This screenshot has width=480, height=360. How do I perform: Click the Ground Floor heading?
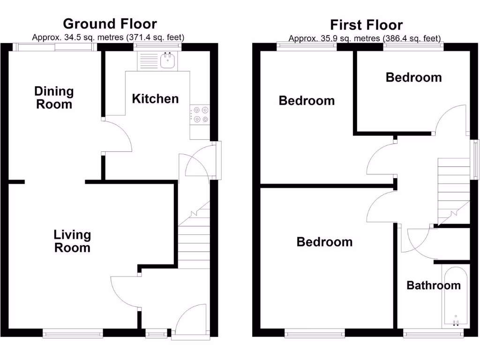pyautogui.click(x=110, y=23)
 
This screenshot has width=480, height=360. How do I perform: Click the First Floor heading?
pyautogui.click(x=366, y=24)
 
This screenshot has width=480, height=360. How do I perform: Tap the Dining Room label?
pyautogui.click(x=54, y=97)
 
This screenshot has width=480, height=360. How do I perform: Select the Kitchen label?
pyautogui.click(x=155, y=98)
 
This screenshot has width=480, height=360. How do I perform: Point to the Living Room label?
pyautogui.click(x=72, y=241)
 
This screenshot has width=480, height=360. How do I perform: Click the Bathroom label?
pyautogui.click(x=433, y=285)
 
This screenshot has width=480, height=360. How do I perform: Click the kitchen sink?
pyautogui.click(x=167, y=60)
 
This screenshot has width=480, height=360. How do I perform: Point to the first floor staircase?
pyautogui.click(x=453, y=190)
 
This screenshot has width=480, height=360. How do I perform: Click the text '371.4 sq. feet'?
pyautogui.click(x=155, y=37)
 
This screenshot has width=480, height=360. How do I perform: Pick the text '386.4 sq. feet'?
pyautogui.click(x=412, y=38)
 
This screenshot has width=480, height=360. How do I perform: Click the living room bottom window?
pyautogui.click(x=73, y=333)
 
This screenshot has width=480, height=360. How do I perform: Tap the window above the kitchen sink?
pyautogui.click(x=158, y=46)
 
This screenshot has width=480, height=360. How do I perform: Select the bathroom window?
pyautogui.click(x=434, y=334)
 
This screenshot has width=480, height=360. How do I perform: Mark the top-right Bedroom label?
pyautogui.click(x=413, y=77)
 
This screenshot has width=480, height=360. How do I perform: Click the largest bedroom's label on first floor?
pyautogui.click(x=324, y=242)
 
